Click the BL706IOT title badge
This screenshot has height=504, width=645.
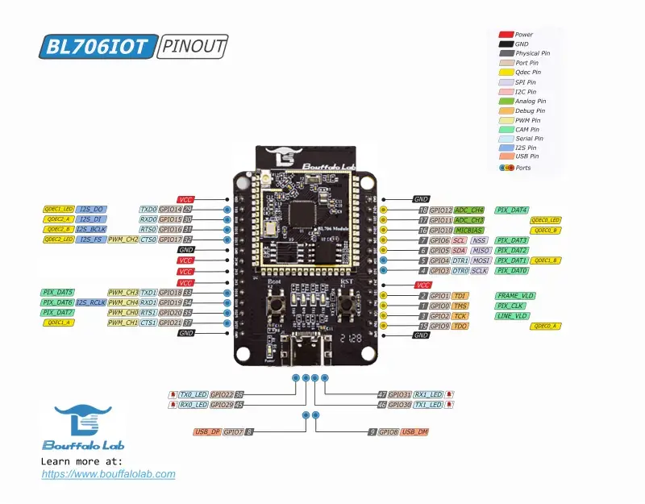pos(97,46)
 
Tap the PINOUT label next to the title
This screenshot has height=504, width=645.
pos(193,46)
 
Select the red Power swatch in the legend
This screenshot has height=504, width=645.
pos(506,35)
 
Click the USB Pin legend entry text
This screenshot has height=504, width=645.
pos(528,156)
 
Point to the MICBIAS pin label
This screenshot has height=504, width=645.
pos(469,230)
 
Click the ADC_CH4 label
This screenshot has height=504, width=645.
pos(469,209)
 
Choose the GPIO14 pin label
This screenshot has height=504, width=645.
pos(170,209)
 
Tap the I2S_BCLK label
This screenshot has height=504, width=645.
pos(91,230)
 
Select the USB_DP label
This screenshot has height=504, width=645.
pos(207,432)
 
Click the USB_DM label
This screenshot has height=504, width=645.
pos(414,432)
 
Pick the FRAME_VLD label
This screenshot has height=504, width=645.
pos(515,296)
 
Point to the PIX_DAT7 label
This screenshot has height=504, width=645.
pos(58,312)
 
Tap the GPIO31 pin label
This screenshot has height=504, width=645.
pos(400,394)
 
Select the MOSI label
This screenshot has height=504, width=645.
pos(481,260)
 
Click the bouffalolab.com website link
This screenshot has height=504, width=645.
pos(108,474)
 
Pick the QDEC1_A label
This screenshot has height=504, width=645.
pos(59,323)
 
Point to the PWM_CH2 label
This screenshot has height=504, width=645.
pos(123,240)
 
